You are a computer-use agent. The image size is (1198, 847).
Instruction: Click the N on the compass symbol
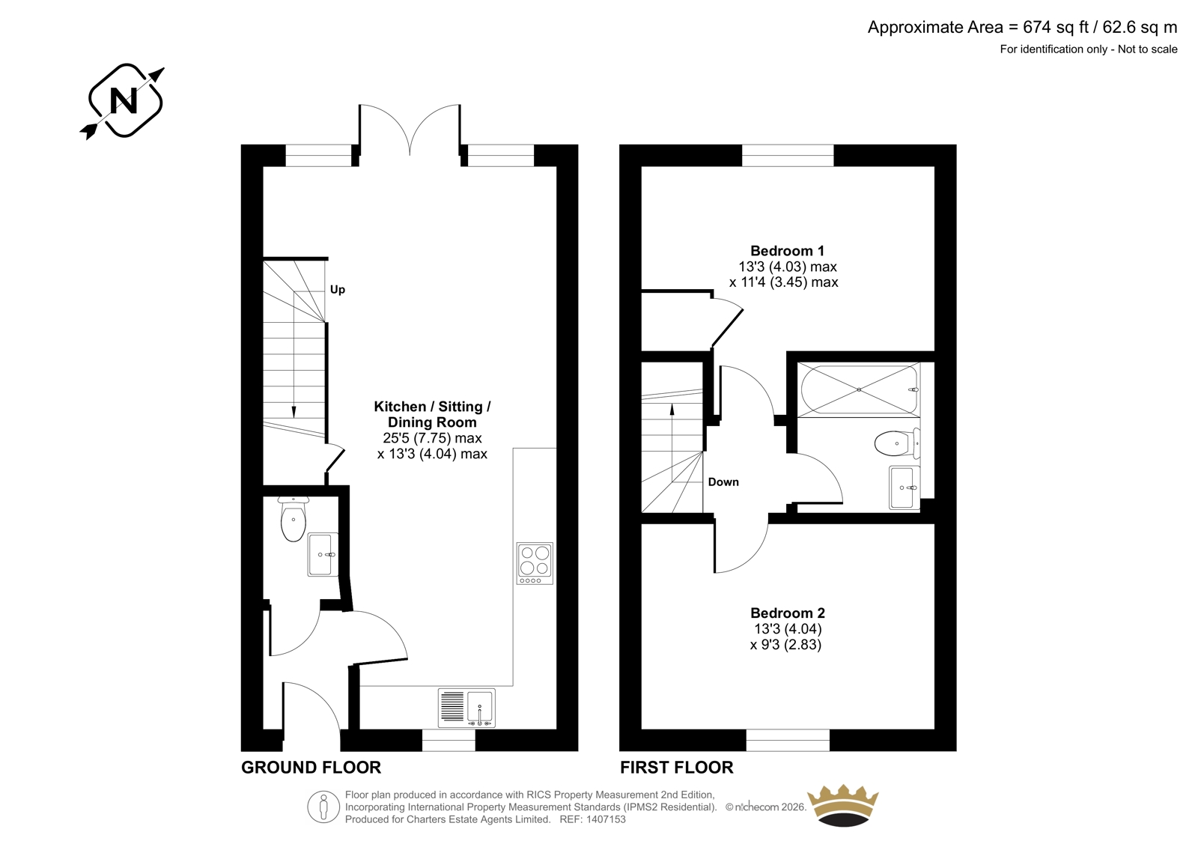pos(124,100)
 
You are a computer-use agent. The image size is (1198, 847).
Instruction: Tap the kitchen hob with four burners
pos(535,563)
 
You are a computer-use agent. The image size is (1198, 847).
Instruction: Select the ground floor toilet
pos(293,518)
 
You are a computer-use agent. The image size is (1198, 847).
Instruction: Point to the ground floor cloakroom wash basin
pos(323,554)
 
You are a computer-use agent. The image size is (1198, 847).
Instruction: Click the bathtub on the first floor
pos(859,389)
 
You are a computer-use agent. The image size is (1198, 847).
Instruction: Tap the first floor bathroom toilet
pos(898,443)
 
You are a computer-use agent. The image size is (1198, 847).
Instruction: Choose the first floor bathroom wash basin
pos(904,488)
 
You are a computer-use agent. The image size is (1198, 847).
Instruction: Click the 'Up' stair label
pos(338,290)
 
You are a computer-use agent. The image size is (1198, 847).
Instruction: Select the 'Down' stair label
pos(723,482)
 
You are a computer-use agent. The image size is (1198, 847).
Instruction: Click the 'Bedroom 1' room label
pos(787,250)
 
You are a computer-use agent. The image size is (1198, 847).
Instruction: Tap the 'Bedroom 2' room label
pos(787,613)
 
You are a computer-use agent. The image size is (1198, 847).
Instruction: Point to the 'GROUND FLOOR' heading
pos(311,768)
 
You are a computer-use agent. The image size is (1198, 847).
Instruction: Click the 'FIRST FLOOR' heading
pos(677,768)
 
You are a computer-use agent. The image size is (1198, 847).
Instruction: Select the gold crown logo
pos(843,805)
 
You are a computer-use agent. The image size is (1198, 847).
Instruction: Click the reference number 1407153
pos(605,819)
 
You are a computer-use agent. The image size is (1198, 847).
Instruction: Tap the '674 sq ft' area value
pos(1055,27)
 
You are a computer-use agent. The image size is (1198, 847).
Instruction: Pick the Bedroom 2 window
pos(788,740)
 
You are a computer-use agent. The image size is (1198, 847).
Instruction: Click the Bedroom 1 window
pos(788,155)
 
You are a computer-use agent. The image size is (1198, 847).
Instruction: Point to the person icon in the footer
pos(323,807)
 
